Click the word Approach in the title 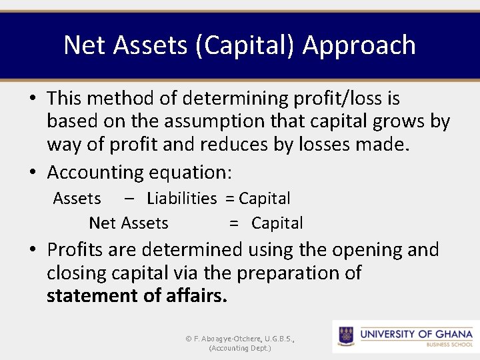coord(359,45)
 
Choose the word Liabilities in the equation coord(181,199)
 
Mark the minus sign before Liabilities coord(128,199)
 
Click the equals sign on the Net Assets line coord(234,223)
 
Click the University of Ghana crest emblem coord(346,335)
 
